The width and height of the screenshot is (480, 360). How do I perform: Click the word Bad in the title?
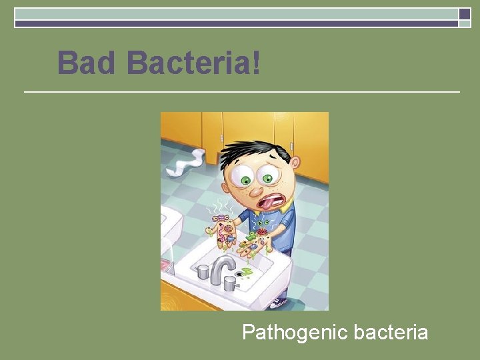coord(87,63)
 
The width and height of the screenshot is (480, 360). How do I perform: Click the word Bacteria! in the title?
coord(193,63)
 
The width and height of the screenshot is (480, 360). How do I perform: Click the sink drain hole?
coord(238,273)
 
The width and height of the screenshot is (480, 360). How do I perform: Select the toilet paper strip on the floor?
coord(186,162)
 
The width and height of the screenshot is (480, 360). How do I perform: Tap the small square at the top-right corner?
coord(465,14)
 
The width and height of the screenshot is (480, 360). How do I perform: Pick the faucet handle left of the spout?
coord(202,271)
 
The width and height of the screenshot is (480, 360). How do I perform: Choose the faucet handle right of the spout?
coord(231,284)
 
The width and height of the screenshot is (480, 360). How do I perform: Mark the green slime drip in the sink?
coord(248,271)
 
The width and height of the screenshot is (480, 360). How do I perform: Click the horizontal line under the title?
coord(241,91)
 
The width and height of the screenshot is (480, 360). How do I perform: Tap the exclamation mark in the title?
coord(256,63)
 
